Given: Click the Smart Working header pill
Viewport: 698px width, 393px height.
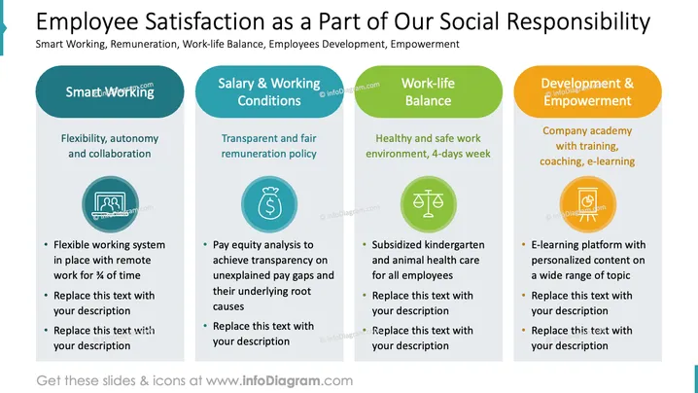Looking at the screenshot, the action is pos(110,91).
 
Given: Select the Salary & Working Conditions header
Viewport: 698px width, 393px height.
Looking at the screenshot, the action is pos(269,91).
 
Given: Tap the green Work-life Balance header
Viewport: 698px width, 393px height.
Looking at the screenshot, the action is pos(429,91).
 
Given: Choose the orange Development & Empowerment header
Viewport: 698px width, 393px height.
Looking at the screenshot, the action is pos(587,91).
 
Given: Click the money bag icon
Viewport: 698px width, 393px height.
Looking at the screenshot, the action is pos(269,204).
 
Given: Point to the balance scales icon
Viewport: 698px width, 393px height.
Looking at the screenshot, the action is pos(429,204).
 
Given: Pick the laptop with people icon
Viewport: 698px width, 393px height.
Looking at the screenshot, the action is pos(110,204).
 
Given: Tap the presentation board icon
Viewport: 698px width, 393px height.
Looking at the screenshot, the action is pos(587,204).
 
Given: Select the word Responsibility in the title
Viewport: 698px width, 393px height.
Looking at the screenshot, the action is pos(578,21).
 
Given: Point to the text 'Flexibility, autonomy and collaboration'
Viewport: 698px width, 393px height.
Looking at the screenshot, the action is pos(110,146).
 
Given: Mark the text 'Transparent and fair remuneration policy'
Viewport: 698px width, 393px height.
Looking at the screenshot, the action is pos(269,146).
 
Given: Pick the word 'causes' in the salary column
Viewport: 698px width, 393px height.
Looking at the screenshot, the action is pos(227,306).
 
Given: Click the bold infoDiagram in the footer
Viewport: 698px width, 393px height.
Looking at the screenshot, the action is pos(281,380).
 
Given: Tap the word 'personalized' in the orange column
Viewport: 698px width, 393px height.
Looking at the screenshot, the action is pos(560,261).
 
